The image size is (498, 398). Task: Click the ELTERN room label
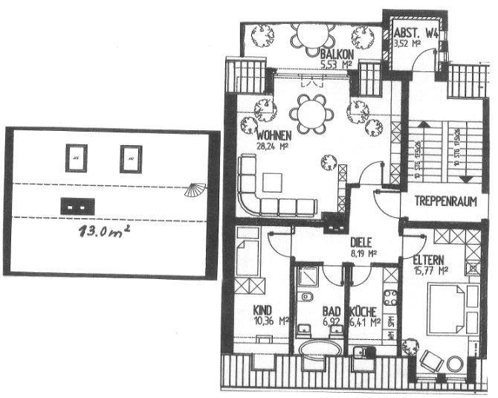pyautogui.click(x=428, y=260)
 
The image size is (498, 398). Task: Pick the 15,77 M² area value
pyautogui.click(x=432, y=270)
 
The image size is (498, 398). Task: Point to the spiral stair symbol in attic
pyautogui.click(x=197, y=188)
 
